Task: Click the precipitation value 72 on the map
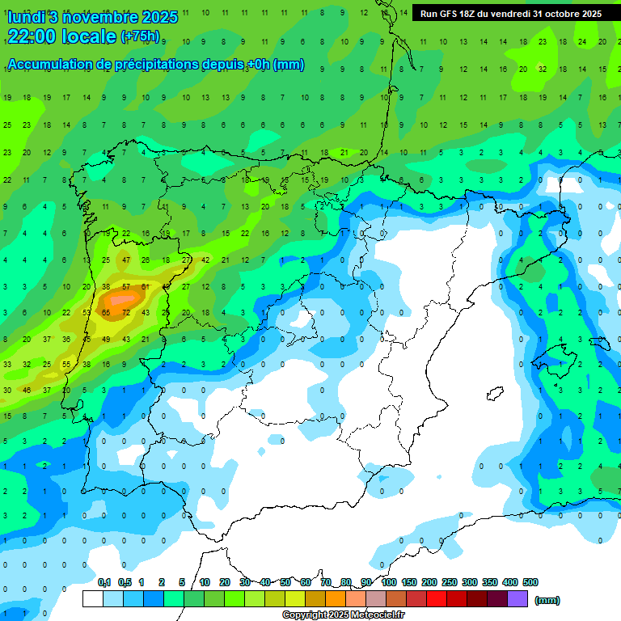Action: [x=125, y=312]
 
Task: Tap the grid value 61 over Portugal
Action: [x=146, y=286]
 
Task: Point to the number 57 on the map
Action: [x=125, y=286]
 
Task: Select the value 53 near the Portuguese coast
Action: [x=87, y=312]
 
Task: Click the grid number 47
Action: [x=125, y=260]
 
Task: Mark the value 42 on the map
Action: [x=205, y=260]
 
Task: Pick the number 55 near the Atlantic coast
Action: [x=66, y=365]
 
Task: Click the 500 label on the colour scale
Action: [x=530, y=582]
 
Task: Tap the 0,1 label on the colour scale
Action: [x=104, y=582]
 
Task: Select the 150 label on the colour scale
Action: [x=409, y=582]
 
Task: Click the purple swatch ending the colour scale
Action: [x=517, y=598]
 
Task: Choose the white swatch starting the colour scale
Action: [x=93, y=598]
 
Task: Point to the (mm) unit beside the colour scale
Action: [x=547, y=600]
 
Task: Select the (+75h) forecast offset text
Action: [x=140, y=36]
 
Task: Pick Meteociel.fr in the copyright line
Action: [x=370, y=615]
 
